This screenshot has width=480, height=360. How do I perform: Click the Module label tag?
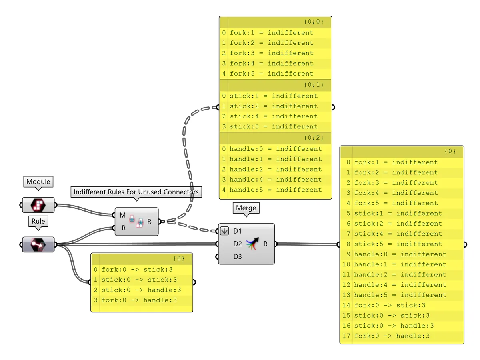[38, 182]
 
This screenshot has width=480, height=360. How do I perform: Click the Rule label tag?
[38, 221]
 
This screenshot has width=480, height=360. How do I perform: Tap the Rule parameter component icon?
[38, 244]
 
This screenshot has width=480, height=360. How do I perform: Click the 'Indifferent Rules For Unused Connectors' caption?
[136, 192]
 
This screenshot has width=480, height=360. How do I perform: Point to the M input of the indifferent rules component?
[122, 216]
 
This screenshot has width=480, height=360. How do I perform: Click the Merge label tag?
[246, 208]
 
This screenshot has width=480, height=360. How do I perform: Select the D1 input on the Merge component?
[238, 231]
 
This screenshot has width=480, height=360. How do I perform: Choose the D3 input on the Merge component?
[238, 256]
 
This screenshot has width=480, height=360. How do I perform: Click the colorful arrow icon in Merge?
[252, 244]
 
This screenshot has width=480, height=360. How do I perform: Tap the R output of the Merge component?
[266, 244]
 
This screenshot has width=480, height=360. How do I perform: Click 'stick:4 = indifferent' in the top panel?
[274, 116]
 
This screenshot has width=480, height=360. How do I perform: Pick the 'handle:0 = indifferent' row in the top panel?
[276, 149]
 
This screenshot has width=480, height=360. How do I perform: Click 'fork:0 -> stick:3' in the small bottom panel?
[137, 270]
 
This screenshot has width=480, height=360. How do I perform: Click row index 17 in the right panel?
[346, 336]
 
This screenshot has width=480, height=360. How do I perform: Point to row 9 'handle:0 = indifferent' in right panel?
[400, 254]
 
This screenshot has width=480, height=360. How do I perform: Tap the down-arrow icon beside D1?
[224, 231]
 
